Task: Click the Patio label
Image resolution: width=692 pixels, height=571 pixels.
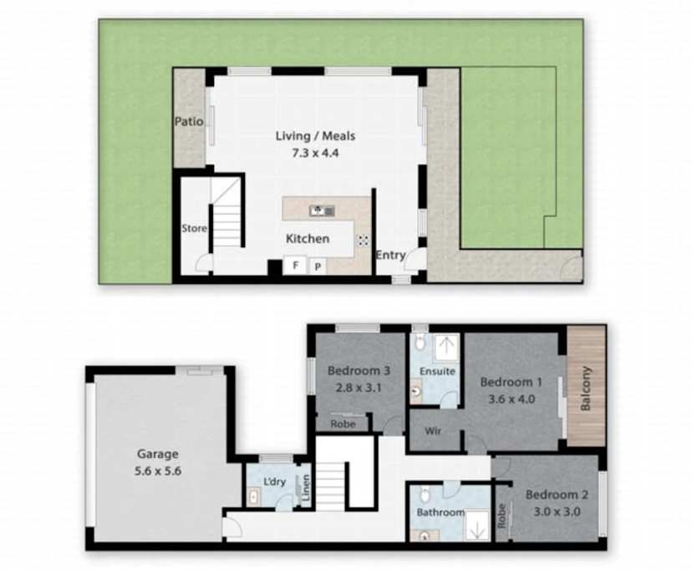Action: (189, 122)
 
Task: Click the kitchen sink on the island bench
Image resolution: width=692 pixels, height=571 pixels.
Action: (322, 210)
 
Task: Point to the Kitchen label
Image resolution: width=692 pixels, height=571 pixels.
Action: (308, 239)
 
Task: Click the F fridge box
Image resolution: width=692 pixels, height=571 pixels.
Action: (294, 265)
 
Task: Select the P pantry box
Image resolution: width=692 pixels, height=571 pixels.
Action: (318, 265)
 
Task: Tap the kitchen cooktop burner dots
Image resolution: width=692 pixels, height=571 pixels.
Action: (364, 240)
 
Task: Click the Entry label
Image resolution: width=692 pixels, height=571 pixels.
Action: (390, 255)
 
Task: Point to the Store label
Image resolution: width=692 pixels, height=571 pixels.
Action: (194, 228)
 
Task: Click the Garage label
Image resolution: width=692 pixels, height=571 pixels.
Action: (158, 454)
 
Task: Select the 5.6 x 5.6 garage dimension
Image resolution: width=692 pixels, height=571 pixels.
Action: (158, 470)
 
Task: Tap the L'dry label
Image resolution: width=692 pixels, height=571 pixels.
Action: (275, 483)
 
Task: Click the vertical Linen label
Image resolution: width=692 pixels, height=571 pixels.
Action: (306, 488)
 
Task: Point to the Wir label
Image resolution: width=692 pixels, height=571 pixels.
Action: (433, 432)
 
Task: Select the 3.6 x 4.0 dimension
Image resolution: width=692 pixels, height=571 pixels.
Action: (511, 398)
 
